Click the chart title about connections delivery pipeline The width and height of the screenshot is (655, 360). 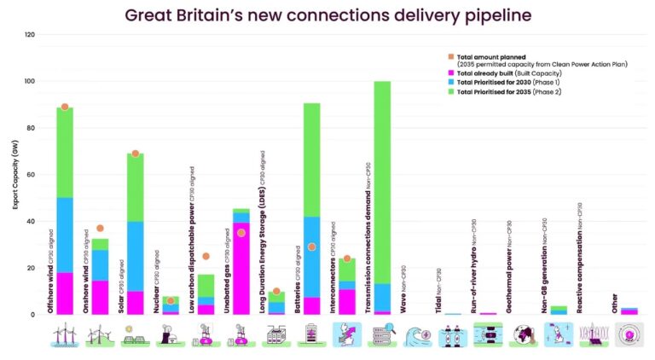327,15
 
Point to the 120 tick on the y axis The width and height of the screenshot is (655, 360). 30,35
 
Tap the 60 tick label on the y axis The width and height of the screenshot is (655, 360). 32,175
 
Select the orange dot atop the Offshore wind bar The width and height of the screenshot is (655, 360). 65,107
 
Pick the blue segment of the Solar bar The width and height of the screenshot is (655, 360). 136,256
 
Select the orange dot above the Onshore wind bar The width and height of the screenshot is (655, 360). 100,228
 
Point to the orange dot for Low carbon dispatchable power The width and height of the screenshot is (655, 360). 206,256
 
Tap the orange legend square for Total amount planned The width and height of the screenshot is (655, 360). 451,55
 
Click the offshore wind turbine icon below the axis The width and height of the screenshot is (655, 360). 65,336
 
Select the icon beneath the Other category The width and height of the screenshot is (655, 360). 628,336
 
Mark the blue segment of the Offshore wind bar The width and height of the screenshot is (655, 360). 65,235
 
